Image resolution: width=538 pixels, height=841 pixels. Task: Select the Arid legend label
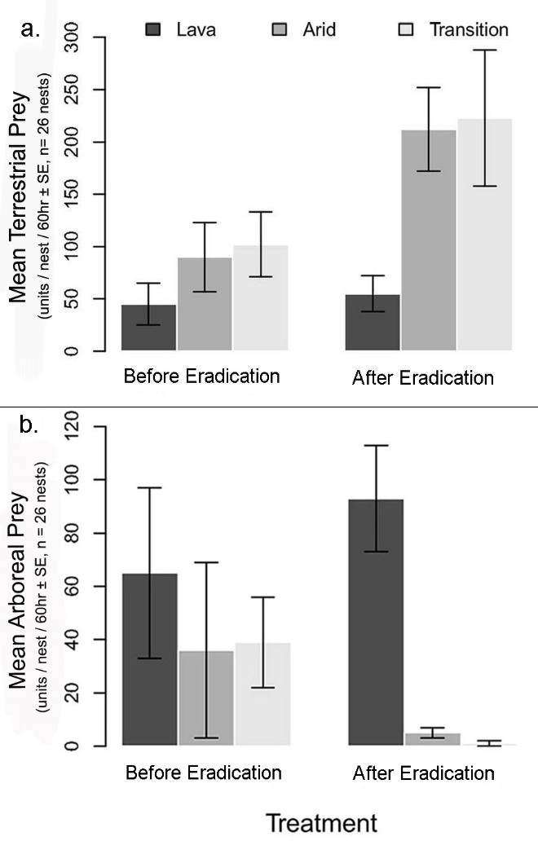(x=319, y=30)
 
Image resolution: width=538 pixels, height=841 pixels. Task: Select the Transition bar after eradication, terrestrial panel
(x=484, y=236)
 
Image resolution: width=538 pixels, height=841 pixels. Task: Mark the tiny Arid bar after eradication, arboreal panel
(x=432, y=739)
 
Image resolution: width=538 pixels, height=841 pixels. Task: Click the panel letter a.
(x=30, y=30)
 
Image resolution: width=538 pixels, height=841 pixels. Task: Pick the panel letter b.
(x=30, y=425)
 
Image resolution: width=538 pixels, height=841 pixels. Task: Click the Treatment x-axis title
(x=322, y=821)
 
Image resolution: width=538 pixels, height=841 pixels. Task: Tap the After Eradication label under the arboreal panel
(x=423, y=773)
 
